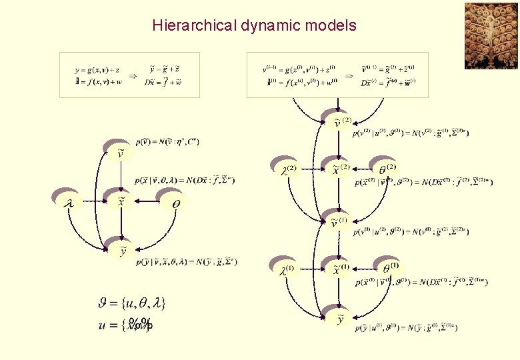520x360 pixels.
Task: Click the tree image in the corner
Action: point(491,35)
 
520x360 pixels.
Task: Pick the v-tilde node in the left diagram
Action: point(120,154)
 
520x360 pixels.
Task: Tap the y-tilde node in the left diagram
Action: point(122,250)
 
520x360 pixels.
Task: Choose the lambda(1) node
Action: point(285,269)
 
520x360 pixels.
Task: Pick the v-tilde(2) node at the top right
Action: point(341,122)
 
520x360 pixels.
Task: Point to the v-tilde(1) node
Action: point(339,222)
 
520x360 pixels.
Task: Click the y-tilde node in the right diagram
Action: point(341,319)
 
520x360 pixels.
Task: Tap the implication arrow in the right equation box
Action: point(348,75)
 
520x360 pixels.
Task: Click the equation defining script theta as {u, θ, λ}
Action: point(131,303)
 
